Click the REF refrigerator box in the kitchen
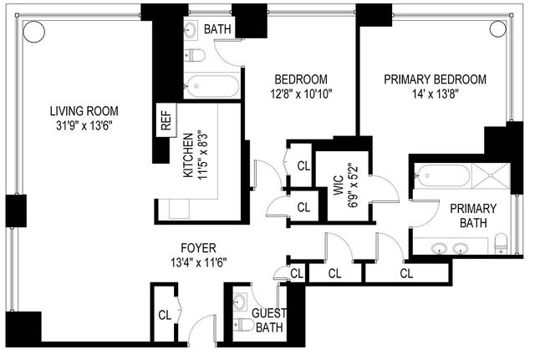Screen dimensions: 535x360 (166, 120)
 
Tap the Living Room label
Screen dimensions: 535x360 (84, 111)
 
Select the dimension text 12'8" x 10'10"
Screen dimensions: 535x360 (301, 94)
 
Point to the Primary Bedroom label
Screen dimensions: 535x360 (435, 79)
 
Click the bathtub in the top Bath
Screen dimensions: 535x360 (211, 85)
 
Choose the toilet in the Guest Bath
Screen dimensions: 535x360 (243, 325)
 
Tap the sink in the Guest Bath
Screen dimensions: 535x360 (242, 302)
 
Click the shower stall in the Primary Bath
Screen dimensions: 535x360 (491, 175)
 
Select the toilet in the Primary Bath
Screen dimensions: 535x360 (501, 243)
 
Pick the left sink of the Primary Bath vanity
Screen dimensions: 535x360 (439, 249)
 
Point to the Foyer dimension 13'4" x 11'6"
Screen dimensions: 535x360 (199, 262)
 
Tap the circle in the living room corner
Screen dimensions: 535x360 (33, 32)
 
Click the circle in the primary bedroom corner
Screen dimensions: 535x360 (498, 28)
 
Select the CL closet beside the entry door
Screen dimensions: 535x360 (165, 316)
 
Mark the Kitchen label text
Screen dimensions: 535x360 (188, 155)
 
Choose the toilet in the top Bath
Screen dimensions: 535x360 (195, 55)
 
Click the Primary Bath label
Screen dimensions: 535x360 (473, 215)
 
